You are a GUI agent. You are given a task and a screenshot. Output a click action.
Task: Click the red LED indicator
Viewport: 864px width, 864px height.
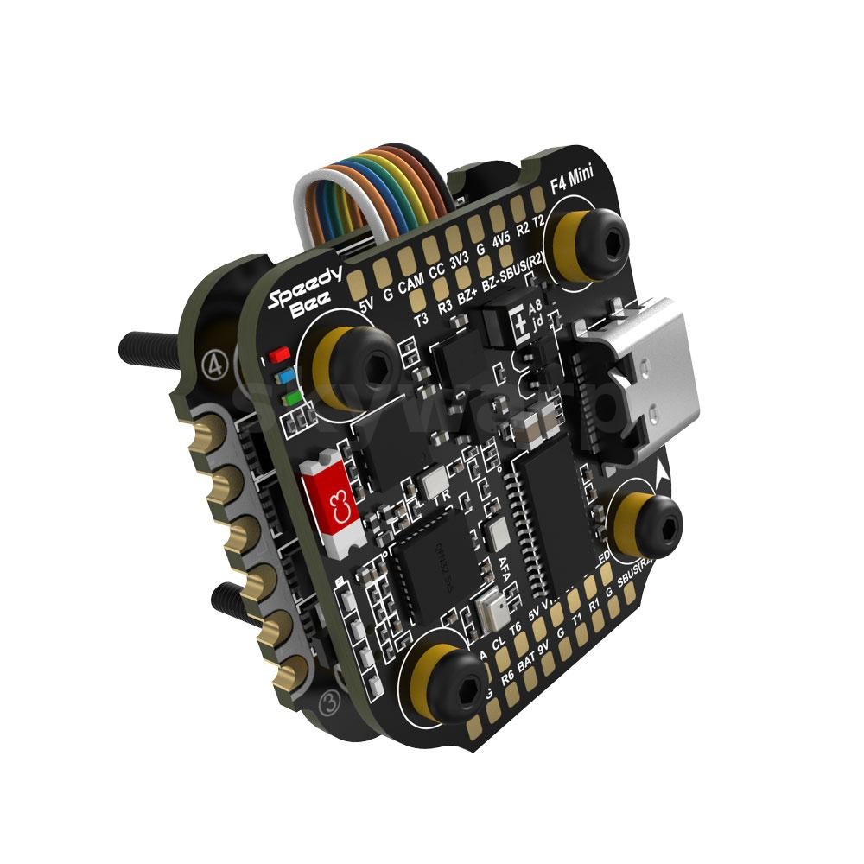tap(278, 355)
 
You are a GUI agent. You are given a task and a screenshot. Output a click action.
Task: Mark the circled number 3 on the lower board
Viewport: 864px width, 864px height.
tap(328, 699)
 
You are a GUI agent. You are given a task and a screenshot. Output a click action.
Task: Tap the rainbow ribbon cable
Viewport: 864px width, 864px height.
tap(372, 194)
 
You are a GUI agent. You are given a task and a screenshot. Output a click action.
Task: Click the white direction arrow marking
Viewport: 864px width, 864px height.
tap(663, 471)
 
